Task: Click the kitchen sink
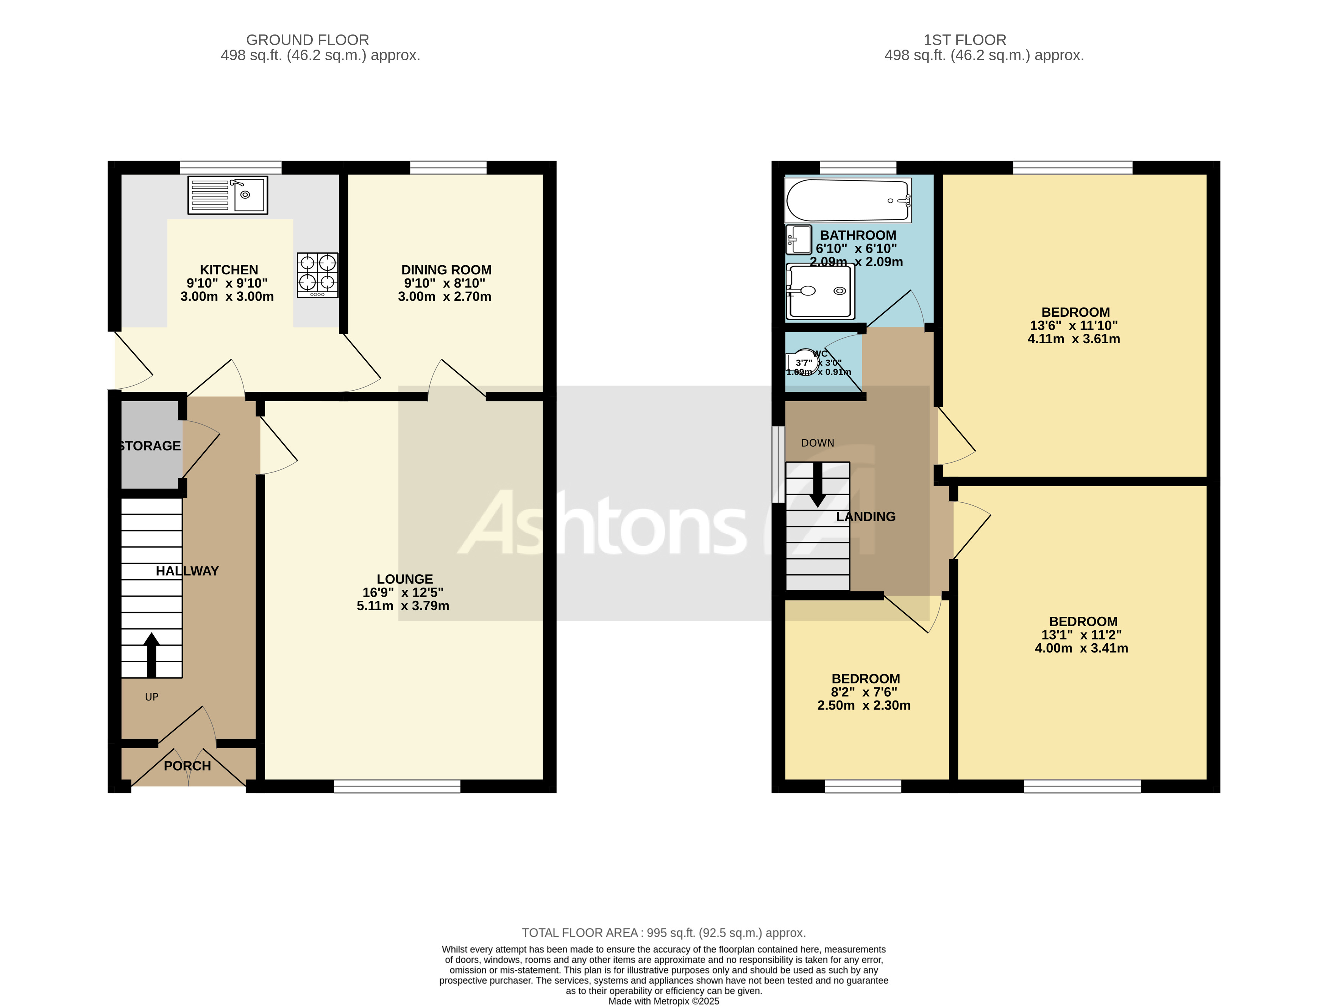[228, 195]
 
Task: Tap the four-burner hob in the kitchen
[318, 274]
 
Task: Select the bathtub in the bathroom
[847, 200]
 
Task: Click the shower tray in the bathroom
[820, 292]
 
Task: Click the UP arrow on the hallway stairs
[151, 655]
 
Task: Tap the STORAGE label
[150, 446]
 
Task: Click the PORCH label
[187, 766]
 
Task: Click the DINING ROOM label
[446, 270]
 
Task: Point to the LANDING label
[865, 516]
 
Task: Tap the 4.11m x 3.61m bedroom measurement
[1074, 339]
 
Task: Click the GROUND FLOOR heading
[307, 40]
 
